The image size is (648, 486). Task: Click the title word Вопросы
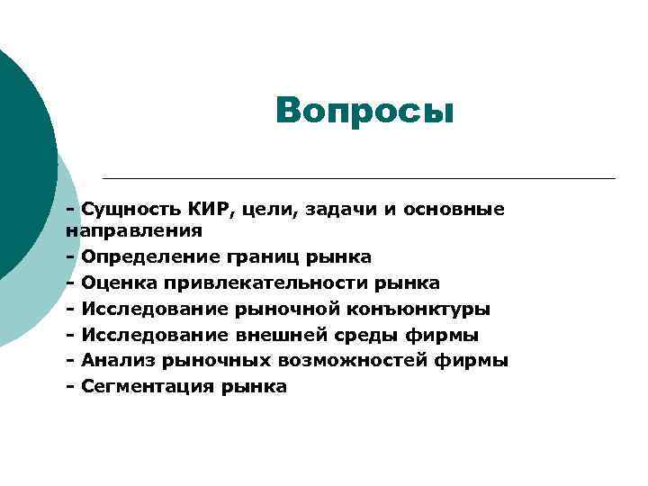coord(365,112)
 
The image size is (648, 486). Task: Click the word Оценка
coord(120,283)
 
